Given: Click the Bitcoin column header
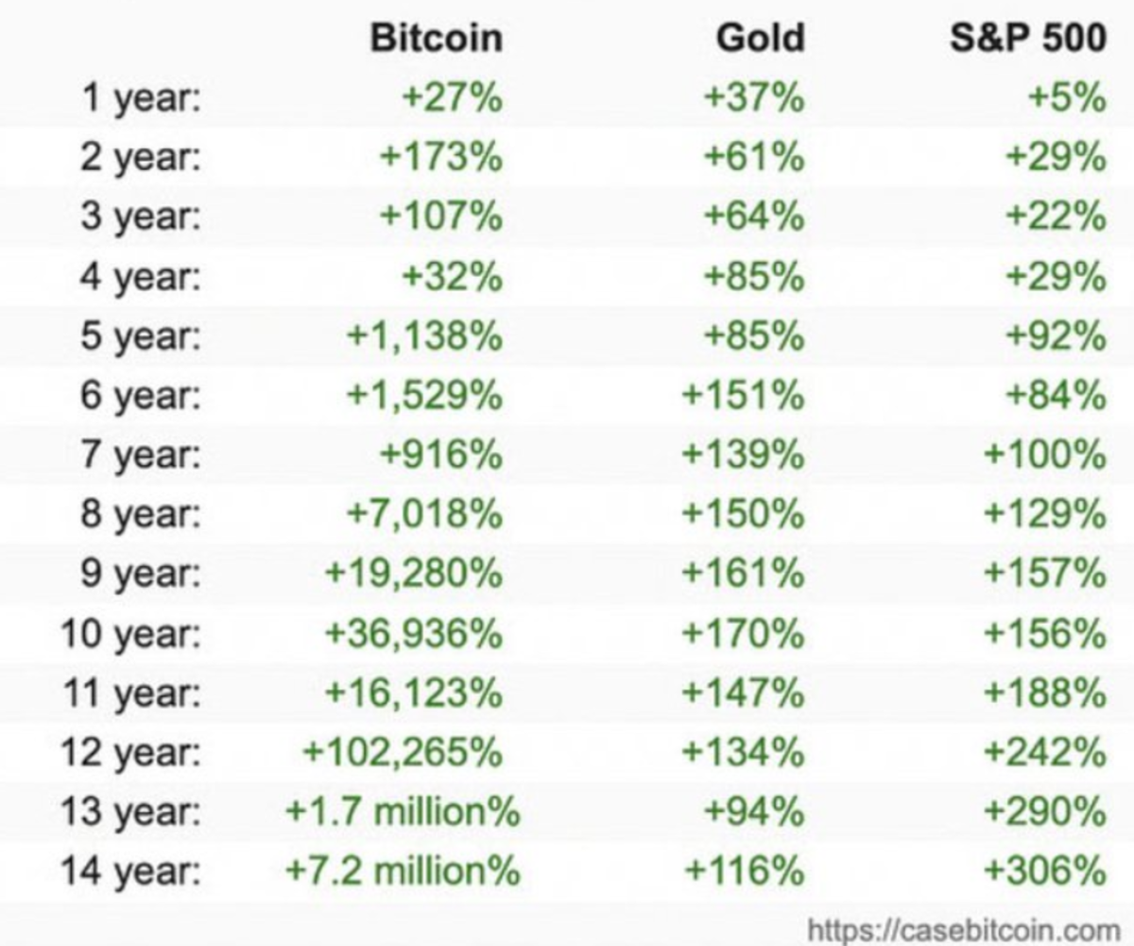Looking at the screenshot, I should (437, 39).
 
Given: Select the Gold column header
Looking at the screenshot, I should (760, 39).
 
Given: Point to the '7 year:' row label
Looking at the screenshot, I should (141, 456).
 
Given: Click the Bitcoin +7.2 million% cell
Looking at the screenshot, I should (403, 869).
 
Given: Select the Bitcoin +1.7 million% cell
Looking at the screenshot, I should (403, 811).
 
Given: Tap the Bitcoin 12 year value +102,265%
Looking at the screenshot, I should (403, 751).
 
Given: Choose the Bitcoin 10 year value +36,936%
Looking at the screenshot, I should (413, 633).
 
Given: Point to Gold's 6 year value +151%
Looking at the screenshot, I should (743, 396).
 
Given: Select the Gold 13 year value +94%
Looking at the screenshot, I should (753, 811).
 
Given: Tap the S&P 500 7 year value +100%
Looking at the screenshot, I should (1044, 456).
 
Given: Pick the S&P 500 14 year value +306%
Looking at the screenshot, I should (1044, 869).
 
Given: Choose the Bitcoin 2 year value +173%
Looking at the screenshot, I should (440, 158).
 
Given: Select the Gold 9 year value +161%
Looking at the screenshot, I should (743, 574).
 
